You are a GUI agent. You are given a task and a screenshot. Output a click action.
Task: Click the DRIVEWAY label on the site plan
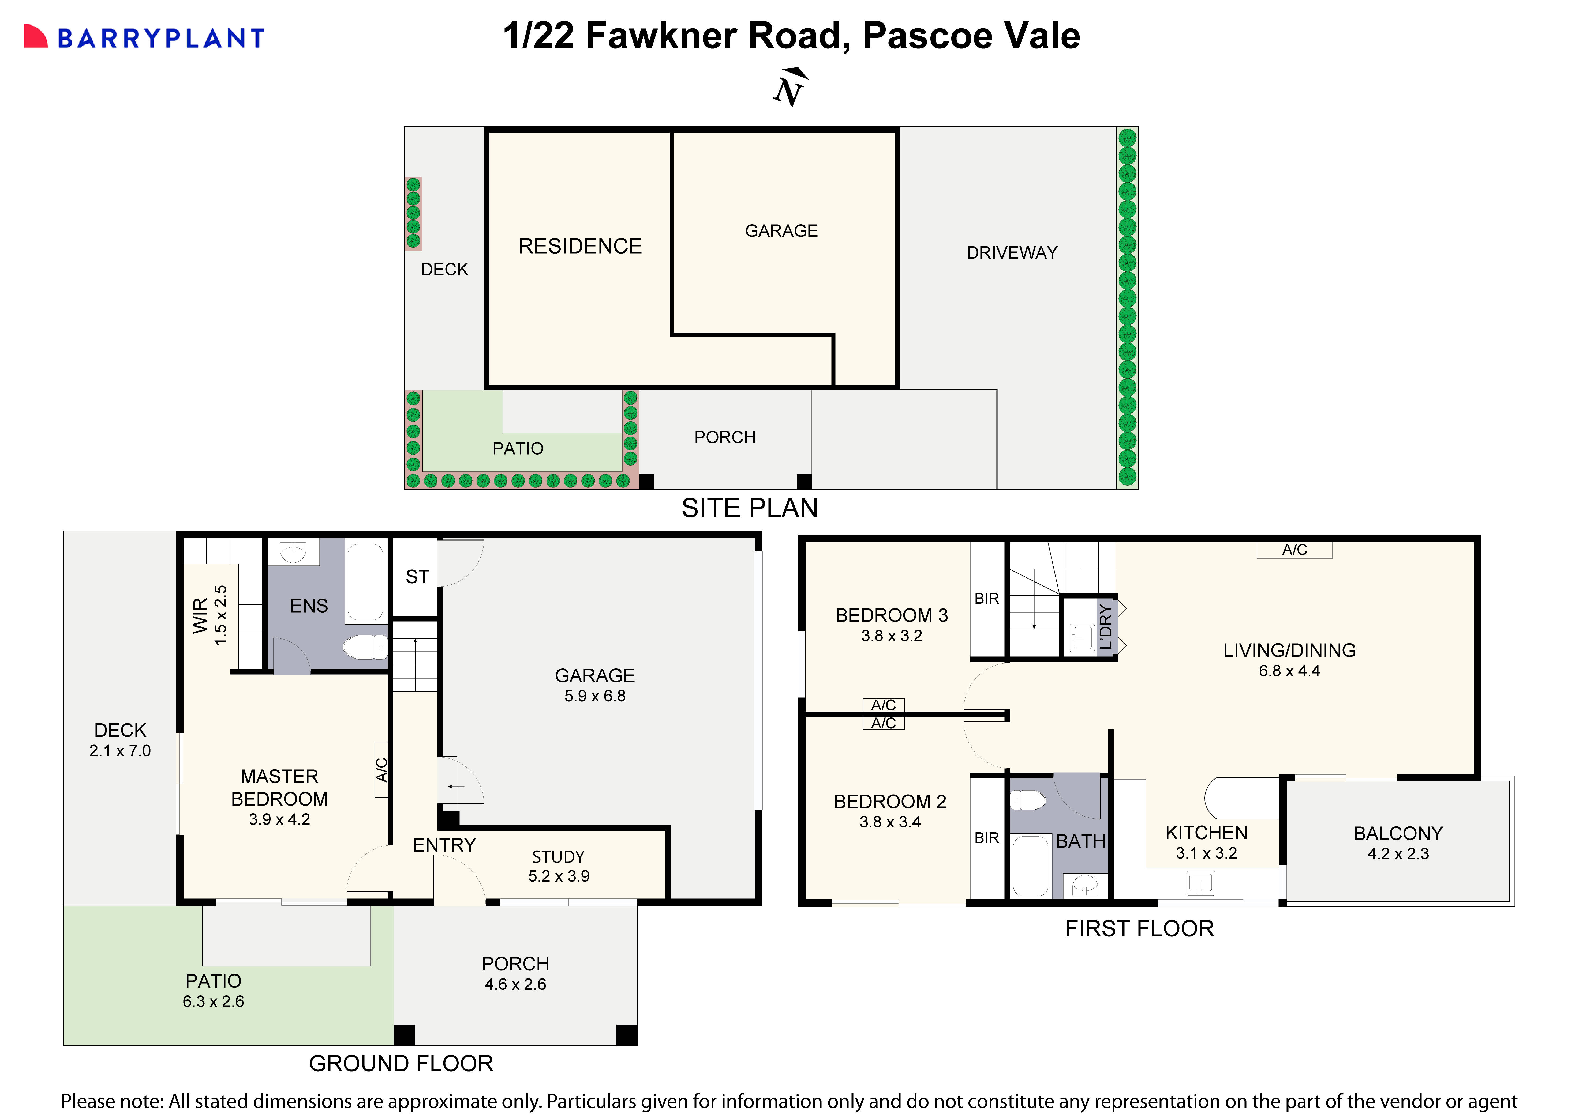coord(1012,253)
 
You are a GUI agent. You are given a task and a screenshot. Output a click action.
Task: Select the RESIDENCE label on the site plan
coord(580,246)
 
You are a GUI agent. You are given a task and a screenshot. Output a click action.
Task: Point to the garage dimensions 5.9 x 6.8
coord(595,696)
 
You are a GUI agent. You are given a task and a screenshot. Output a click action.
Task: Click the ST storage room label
coord(417,577)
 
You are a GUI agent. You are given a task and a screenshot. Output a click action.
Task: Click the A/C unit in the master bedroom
coord(381,770)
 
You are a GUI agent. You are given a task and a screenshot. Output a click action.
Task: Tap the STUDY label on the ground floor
coord(558,857)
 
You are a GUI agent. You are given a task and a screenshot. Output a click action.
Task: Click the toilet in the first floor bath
coord(1027,800)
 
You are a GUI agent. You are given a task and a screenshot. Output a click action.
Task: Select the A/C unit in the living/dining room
coord(1294,550)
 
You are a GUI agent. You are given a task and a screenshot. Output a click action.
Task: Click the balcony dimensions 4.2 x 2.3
coord(1398,854)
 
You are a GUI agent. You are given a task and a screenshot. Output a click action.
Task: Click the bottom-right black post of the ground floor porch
coord(627,1035)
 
